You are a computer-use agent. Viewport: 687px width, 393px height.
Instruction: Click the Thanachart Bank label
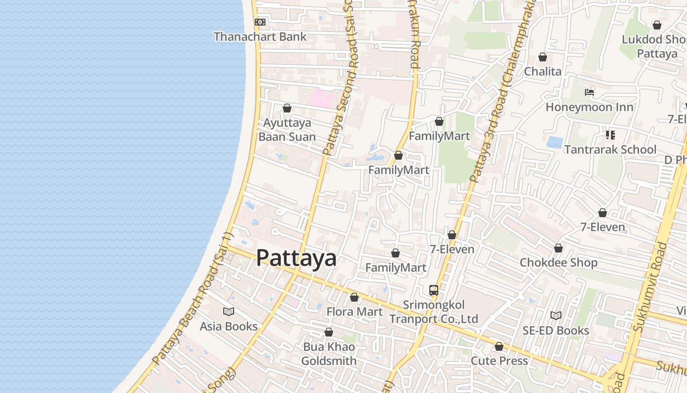260,37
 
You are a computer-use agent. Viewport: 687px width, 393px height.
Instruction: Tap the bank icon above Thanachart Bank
260,22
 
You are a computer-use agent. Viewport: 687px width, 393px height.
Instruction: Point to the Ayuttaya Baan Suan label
287,130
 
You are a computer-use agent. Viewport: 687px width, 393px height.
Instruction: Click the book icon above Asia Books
229,311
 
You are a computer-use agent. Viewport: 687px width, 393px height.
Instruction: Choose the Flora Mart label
355,312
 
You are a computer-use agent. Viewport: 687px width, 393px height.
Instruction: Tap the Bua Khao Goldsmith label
329,354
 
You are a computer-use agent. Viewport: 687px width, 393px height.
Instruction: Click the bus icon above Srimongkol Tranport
434,290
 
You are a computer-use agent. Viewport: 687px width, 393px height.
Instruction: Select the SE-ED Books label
555,331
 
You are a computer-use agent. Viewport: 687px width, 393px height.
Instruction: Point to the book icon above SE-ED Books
555,315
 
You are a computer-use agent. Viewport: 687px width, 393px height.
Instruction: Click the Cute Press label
499,361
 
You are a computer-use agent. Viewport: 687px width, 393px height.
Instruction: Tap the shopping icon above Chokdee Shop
558,248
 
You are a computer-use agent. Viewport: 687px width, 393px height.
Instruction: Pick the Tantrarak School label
610,149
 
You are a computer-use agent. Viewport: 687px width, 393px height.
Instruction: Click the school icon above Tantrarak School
610,135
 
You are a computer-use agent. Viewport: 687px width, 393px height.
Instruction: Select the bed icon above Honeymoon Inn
589,92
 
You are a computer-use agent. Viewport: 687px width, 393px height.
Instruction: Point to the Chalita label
543,72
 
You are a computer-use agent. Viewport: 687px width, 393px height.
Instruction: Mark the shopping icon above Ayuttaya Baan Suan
287,108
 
